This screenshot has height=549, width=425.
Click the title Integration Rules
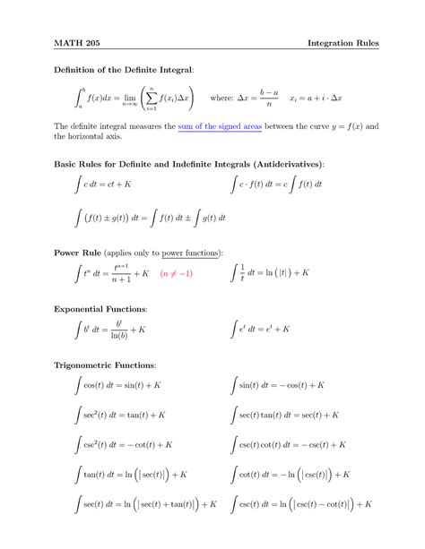[343, 42]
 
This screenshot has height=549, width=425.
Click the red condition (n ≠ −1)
[177, 272]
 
